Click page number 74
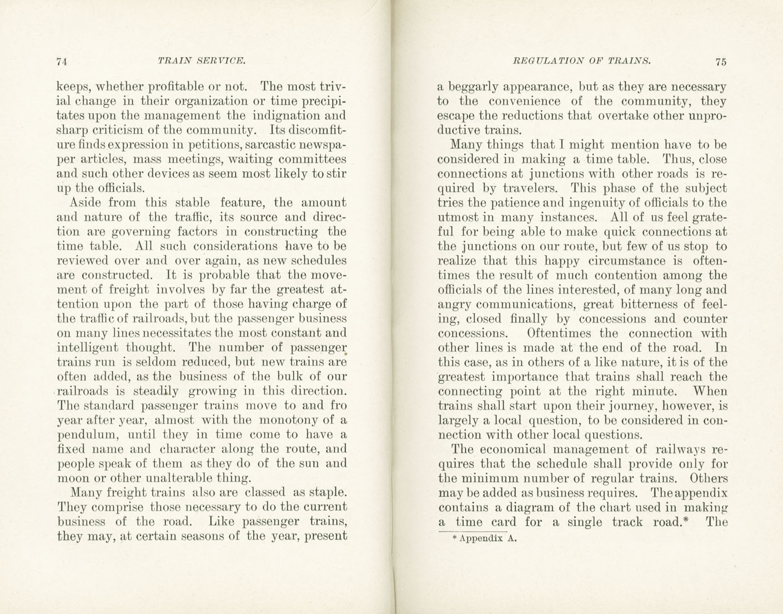62,62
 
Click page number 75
721,62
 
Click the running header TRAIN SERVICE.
201,61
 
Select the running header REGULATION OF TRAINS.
582,61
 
